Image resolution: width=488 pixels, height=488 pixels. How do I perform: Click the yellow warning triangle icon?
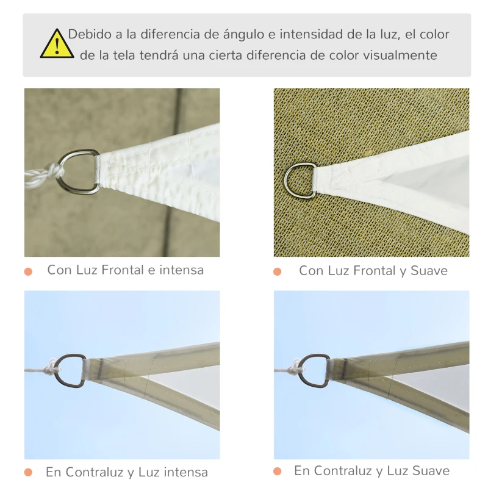pyautogui.click(x=57, y=45)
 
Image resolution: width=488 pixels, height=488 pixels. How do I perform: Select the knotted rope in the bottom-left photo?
pyautogui.click(x=49, y=368)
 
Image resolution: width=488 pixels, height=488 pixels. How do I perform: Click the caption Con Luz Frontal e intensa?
pyautogui.click(x=125, y=270)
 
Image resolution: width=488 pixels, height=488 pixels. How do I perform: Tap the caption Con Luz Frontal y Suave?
pyautogui.click(x=373, y=271)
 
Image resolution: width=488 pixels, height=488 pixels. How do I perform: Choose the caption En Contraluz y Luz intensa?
pyautogui.click(x=126, y=472)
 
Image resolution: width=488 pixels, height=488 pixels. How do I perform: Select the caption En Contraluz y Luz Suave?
pyautogui.click(x=371, y=471)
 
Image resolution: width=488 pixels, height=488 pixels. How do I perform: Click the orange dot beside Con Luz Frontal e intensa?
pyautogui.click(x=28, y=271)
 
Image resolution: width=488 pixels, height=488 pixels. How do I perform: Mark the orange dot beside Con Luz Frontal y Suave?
pyautogui.click(x=278, y=271)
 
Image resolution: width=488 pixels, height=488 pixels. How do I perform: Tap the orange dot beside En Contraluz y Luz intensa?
pyautogui.click(x=28, y=472)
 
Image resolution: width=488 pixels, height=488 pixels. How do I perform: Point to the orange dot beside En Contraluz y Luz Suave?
pyautogui.click(x=278, y=472)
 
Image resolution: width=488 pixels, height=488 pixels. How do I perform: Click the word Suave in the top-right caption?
pyautogui.click(x=428, y=271)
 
